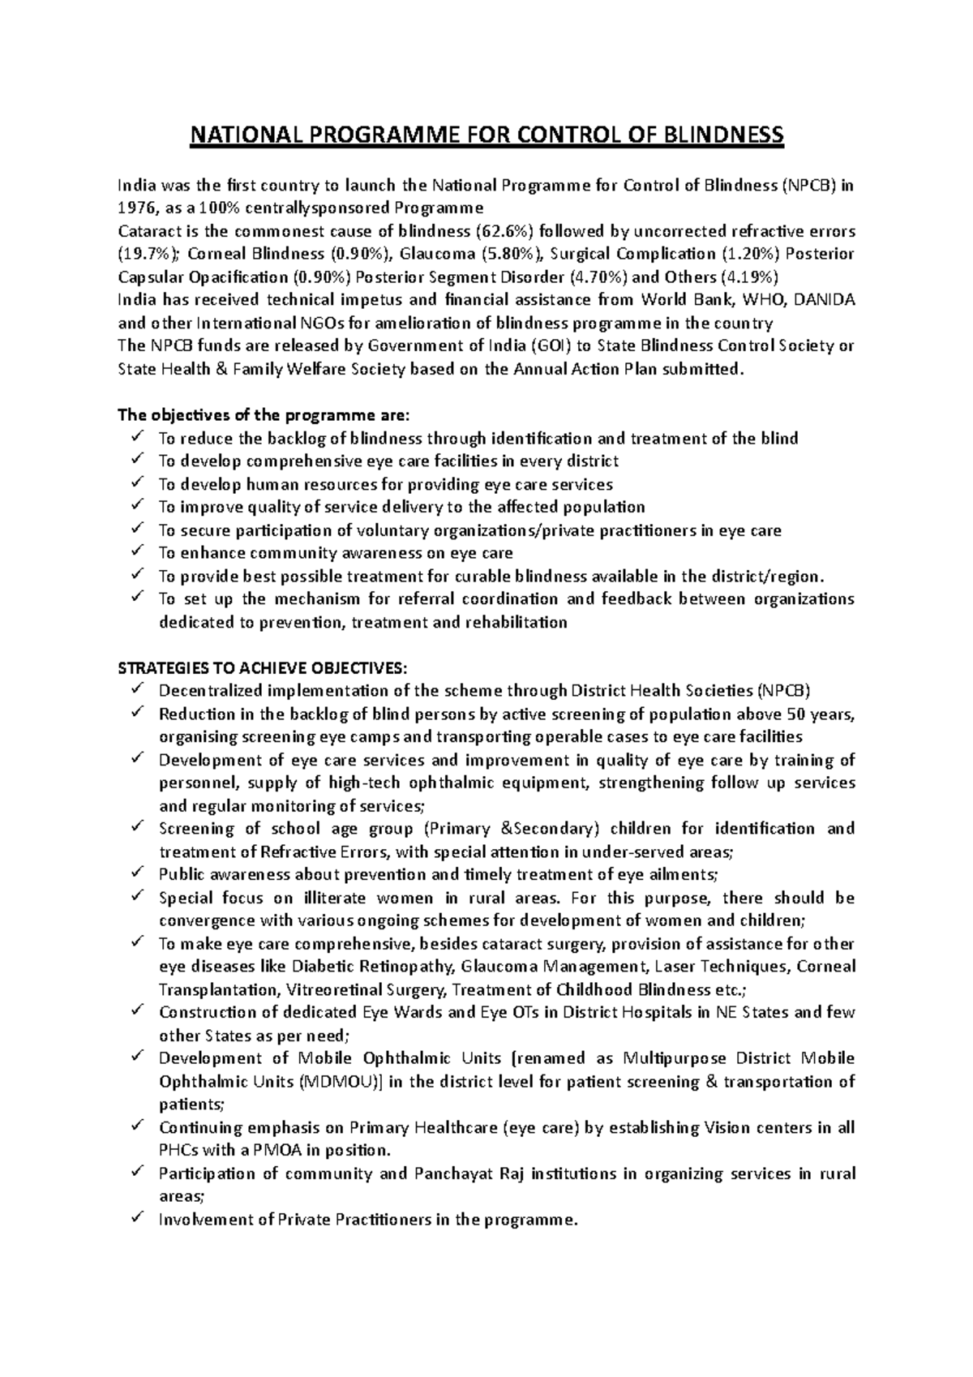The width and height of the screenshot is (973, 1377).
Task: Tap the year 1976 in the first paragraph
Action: coord(135,208)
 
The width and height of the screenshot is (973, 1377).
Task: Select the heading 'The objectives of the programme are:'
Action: coord(264,416)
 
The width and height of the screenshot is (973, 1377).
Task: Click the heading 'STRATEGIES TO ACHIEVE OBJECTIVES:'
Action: coord(264,668)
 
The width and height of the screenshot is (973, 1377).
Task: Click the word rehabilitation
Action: coord(515,623)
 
